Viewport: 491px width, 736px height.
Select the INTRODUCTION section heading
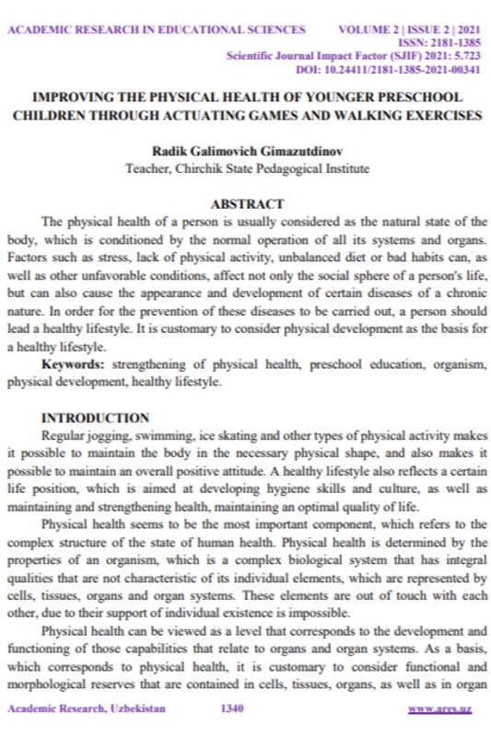click(x=96, y=417)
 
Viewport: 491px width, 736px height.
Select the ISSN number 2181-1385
click(x=455, y=42)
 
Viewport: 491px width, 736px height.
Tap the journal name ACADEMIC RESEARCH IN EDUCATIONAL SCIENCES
click(x=156, y=29)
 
